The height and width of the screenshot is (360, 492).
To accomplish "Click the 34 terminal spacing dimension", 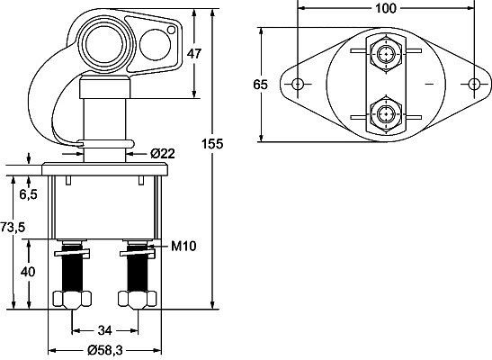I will [105, 330].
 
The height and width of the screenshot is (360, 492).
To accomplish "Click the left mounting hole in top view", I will [298, 85].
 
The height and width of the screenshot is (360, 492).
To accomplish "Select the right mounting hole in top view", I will [474, 85].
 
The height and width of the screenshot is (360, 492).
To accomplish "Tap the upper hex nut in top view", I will [386, 55].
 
